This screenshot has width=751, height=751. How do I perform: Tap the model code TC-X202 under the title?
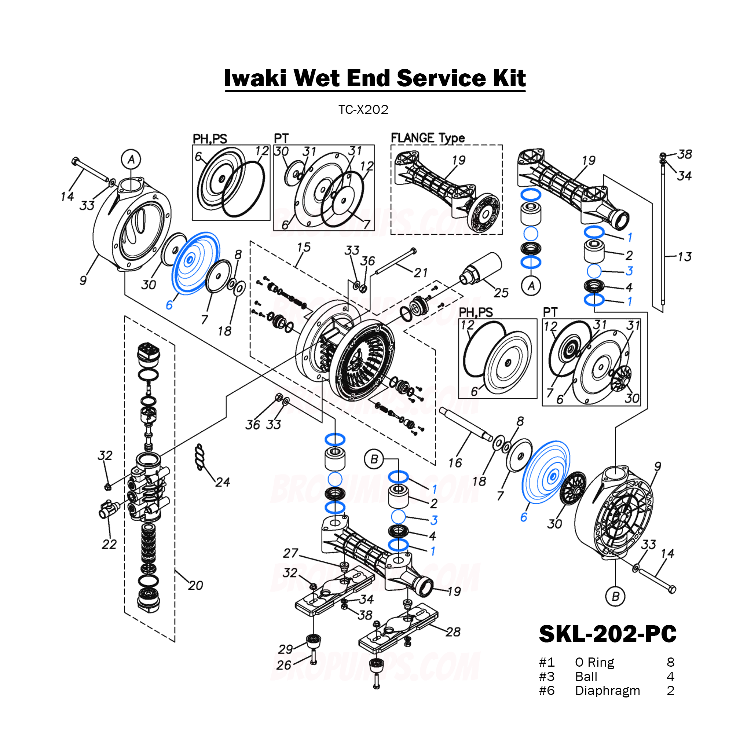point(363,110)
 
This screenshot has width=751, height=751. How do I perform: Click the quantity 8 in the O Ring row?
point(671,662)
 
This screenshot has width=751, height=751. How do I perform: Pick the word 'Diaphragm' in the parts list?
point(607,690)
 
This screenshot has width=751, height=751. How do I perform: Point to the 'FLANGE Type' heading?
point(428,138)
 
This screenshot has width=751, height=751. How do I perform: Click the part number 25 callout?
point(501,293)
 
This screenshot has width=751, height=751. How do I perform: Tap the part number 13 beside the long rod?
point(685,257)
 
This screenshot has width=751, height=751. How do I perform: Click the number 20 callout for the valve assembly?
point(195,585)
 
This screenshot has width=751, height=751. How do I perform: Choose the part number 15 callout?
point(304,247)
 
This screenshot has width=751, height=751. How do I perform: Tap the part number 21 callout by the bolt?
point(421,273)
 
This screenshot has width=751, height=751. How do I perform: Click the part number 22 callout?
point(109,544)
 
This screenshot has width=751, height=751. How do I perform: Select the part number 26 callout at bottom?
point(284,665)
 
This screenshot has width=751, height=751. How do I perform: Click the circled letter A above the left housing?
point(131,160)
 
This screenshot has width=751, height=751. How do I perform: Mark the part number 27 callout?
point(290,553)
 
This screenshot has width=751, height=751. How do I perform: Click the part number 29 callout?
point(286,649)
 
